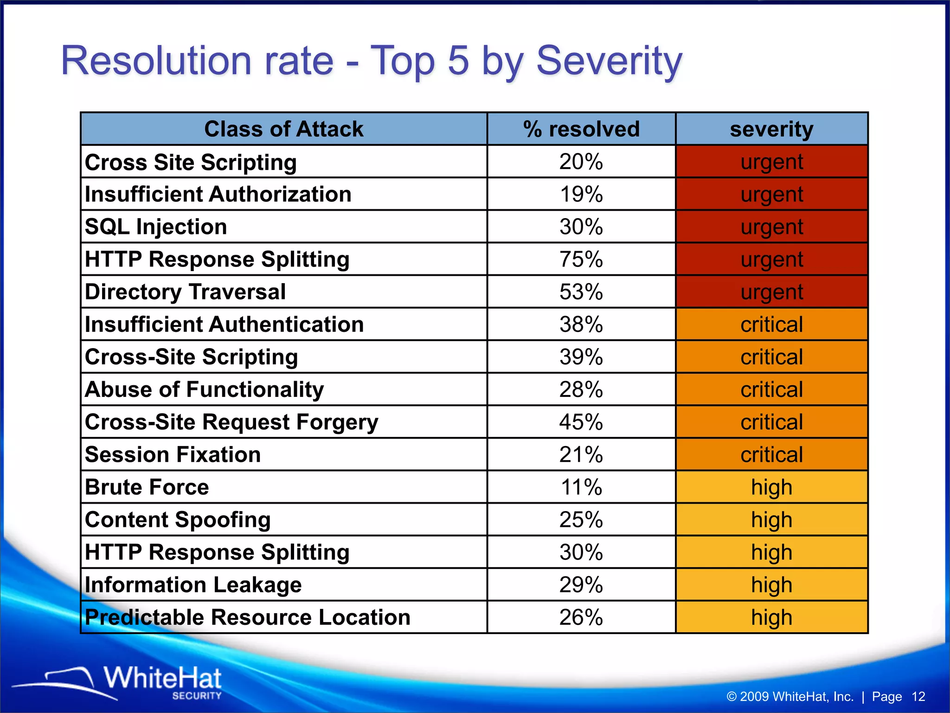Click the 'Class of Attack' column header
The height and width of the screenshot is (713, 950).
coord(283,129)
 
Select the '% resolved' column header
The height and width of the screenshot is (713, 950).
coord(581,129)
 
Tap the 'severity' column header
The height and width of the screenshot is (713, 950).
coord(771,129)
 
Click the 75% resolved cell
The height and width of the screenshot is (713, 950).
coord(581,259)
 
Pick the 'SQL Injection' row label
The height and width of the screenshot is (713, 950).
coord(156,227)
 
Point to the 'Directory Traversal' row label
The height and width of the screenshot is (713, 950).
coord(185,292)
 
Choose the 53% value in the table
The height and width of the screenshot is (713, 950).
coord(581,292)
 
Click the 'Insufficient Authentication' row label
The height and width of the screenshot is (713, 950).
coord(224,324)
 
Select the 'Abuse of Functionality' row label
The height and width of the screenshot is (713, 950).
coord(204,389)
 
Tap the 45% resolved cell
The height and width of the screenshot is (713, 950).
coord(581,422)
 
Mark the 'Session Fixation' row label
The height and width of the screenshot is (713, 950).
coord(173,454)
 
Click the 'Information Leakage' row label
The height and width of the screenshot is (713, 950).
coord(193,585)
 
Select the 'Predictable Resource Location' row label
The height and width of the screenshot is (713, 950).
coord(248,617)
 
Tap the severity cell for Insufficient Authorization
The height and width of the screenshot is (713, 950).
coord(771,194)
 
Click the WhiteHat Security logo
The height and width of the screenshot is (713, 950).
coord(139,682)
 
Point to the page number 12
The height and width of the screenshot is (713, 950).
coord(918,697)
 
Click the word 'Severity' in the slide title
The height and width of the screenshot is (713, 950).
coord(609,61)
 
